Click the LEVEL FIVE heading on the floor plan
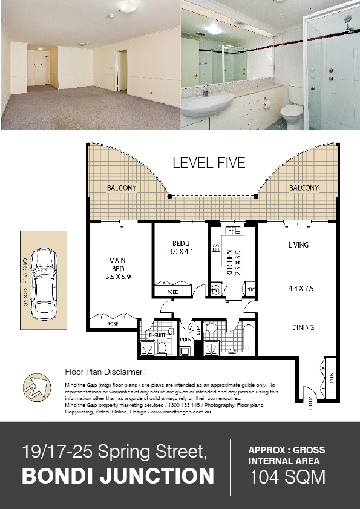[x=209, y=163]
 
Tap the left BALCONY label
[x=122, y=188]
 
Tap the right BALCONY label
[x=303, y=188]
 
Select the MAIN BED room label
[x=117, y=265]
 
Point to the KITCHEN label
[x=230, y=264]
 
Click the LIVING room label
[x=299, y=245]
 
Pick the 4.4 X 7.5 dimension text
[x=301, y=289]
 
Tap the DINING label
[x=303, y=327]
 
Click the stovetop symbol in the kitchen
[x=215, y=248]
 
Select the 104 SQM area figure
[x=287, y=478]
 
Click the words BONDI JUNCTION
[x=118, y=476]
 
